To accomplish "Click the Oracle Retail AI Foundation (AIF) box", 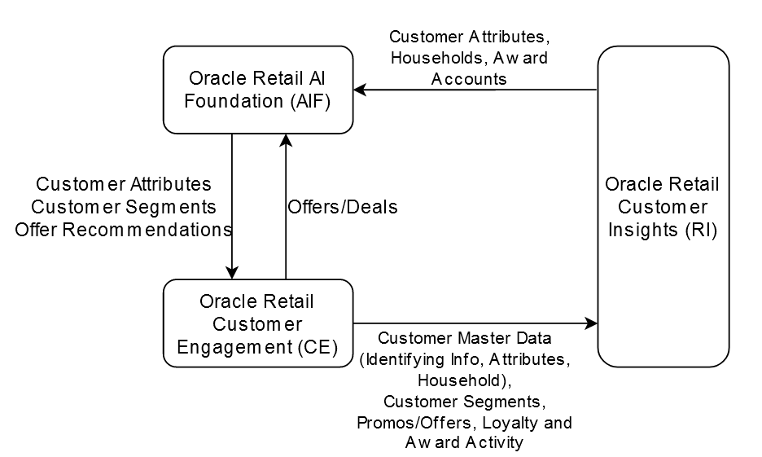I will click(x=257, y=90).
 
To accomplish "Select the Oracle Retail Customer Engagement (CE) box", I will click(x=257, y=323).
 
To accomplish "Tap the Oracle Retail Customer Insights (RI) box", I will click(x=663, y=206).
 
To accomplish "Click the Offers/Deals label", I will click(x=342, y=207).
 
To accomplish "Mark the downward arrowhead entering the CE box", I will click(x=232, y=273).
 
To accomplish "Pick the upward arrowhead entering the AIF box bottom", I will click(x=285, y=140).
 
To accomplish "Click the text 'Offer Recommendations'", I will click(x=123, y=230).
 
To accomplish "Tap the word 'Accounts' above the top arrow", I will click(x=469, y=79).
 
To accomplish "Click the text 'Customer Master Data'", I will click(x=464, y=338).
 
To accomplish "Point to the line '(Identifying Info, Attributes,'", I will click(x=464, y=359).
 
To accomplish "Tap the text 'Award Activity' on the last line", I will click(x=464, y=443).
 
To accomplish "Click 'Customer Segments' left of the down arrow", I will click(x=123, y=208).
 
